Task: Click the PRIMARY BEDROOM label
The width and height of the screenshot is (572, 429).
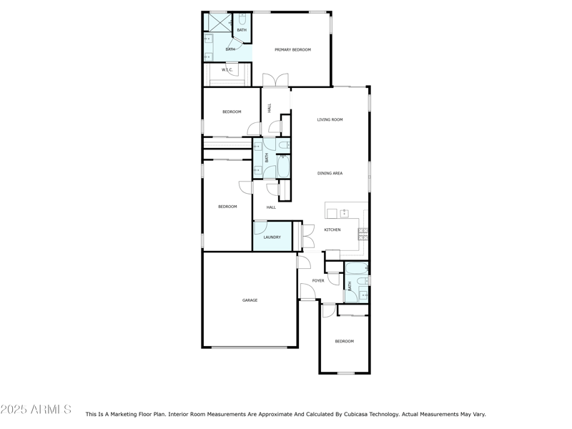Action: (x=292, y=49)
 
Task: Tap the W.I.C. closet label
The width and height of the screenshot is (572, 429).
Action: (x=227, y=70)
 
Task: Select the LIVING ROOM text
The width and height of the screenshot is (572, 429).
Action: (x=330, y=119)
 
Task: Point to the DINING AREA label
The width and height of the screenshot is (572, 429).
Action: (x=330, y=173)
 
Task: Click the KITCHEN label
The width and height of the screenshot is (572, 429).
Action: (x=332, y=230)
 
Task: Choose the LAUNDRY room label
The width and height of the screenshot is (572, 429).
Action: (x=272, y=237)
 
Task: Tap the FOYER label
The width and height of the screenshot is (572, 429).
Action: (x=318, y=280)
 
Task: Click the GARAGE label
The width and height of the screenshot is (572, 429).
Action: (x=250, y=300)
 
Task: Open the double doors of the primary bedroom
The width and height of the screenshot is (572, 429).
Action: (x=275, y=80)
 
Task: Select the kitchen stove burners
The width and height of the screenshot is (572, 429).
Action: (x=363, y=232)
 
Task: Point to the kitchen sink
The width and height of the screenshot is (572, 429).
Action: (x=344, y=212)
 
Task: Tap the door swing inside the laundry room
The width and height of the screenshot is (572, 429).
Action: (x=261, y=227)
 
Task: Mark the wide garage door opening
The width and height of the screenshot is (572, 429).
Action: (x=250, y=347)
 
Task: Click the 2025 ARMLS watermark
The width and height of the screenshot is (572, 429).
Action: (x=36, y=410)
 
